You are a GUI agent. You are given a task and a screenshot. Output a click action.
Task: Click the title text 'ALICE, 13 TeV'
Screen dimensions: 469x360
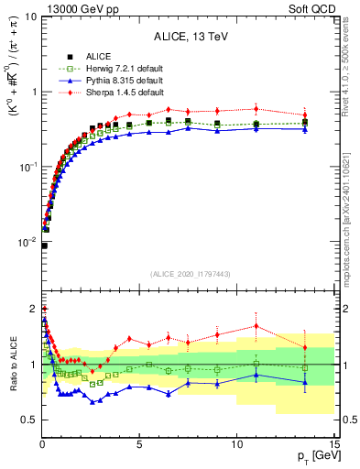(189, 37)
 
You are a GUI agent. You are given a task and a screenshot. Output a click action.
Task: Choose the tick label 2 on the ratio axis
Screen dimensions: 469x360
(32, 309)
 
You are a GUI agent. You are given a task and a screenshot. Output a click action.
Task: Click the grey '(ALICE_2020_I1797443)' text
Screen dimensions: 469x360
(188, 273)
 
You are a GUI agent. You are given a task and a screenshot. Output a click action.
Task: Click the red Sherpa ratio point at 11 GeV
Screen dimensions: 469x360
(256, 325)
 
